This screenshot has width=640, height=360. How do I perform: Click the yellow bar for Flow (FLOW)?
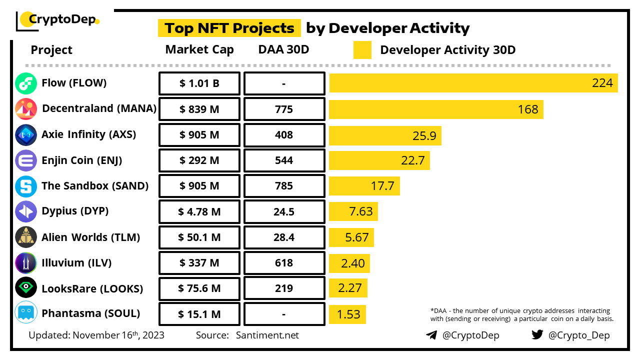(x=473, y=83)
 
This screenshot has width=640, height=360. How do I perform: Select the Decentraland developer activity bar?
(x=436, y=109)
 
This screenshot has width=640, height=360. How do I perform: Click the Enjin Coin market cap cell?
(x=199, y=160)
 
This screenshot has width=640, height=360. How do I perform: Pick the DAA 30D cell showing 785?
(x=284, y=186)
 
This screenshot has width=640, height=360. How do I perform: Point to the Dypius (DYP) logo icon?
(x=26, y=211)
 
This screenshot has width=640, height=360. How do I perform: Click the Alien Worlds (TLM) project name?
(x=90, y=237)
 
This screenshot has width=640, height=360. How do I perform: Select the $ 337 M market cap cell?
(x=199, y=263)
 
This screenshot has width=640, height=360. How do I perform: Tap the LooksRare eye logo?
(x=26, y=288)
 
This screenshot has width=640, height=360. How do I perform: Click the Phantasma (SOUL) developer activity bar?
(x=347, y=314)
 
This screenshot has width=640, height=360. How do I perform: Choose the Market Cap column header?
(x=199, y=50)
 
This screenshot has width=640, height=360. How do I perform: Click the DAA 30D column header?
(x=283, y=50)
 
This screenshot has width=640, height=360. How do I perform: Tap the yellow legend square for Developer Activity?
(x=362, y=50)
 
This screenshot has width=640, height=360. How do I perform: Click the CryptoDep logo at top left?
(x=58, y=20)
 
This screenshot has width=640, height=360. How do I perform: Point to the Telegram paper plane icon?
(x=431, y=335)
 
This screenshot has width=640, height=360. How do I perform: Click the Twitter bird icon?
(x=537, y=334)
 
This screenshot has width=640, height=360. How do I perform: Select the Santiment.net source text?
(x=267, y=335)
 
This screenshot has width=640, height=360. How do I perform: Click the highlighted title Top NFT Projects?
(x=229, y=28)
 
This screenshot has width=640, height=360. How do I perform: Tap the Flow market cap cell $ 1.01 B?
(x=199, y=83)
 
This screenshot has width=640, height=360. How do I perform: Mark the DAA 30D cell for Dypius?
(x=284, y=212)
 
